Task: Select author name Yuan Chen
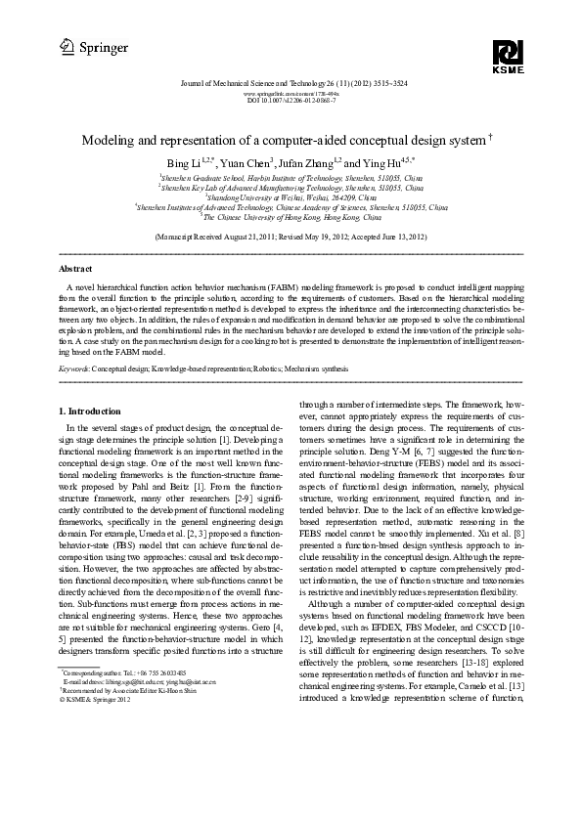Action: (247, 160)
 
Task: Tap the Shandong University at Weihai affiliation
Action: (291, 197)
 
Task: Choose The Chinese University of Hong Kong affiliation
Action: (291, 217)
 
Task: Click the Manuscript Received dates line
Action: (291, 238)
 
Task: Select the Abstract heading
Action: (76, 267)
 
